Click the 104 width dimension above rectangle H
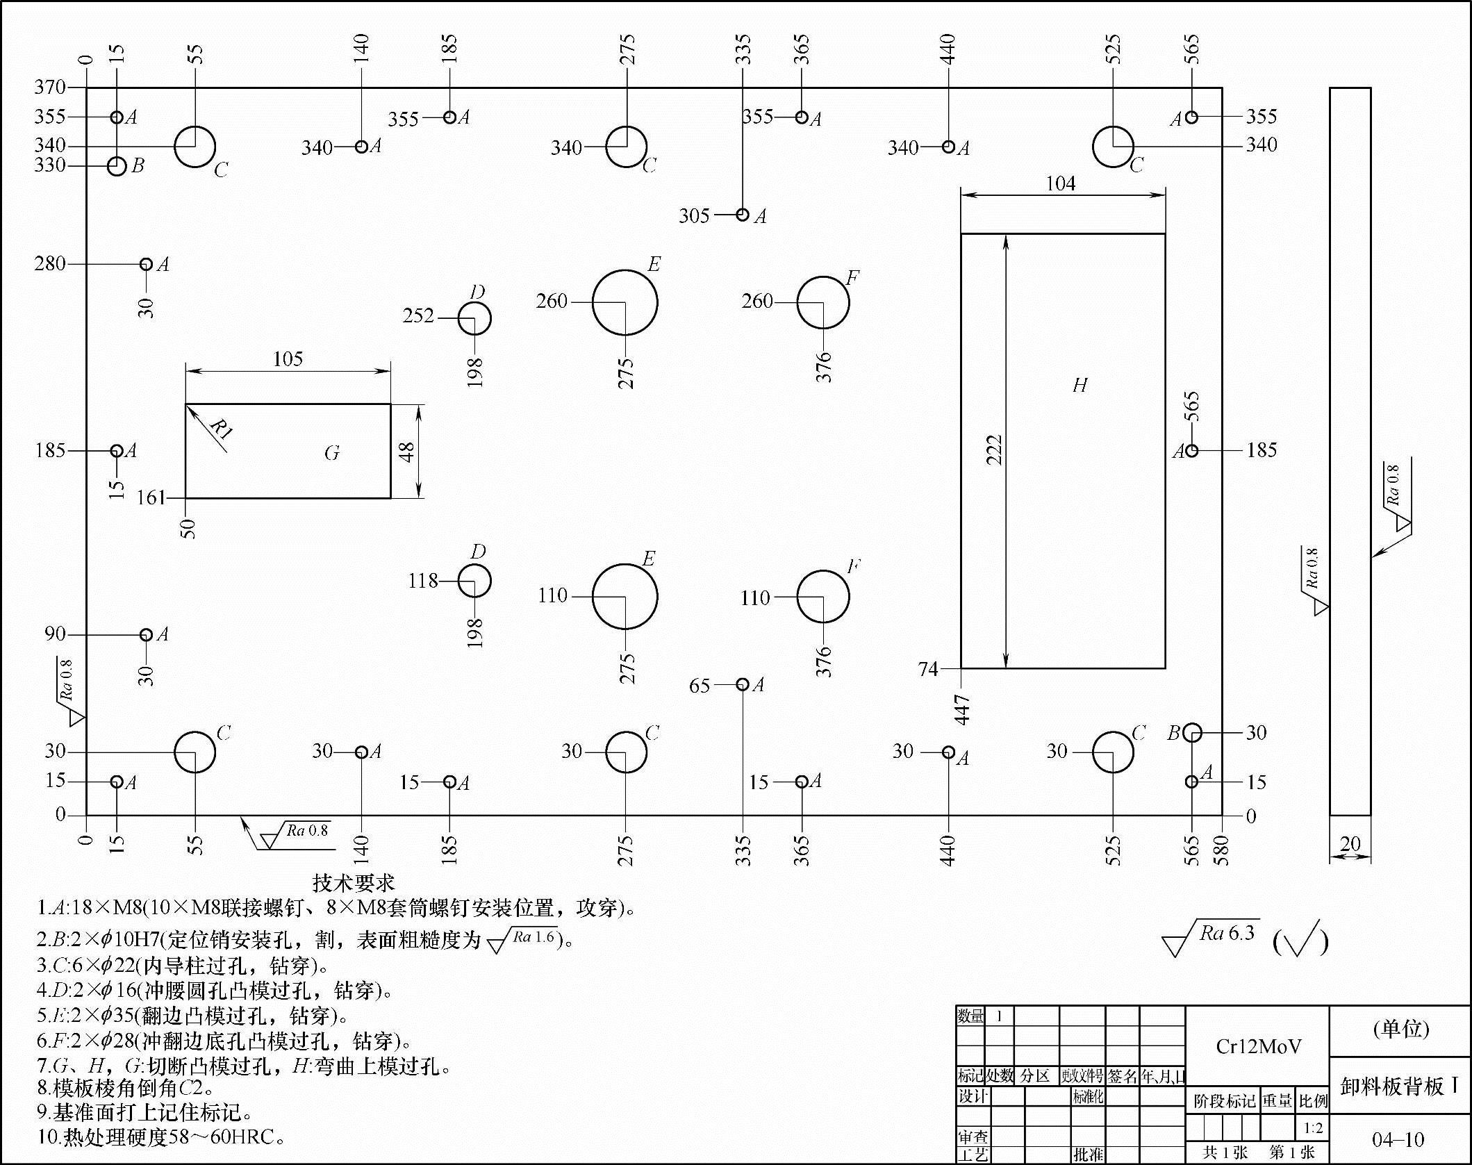(x=1061, y=183)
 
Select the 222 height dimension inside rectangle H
(x=995, y=449)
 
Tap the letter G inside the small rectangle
(x=332, y=453)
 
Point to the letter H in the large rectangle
(x=1080, y=385)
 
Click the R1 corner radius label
(x=220, y=429)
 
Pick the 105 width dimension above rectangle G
(x=288, y=359)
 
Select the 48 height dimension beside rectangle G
(x=408, y=452)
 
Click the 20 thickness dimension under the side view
(x=1350, y=843)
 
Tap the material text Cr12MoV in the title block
(x=1258, y=1046)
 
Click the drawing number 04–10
(x=1398, y=1139)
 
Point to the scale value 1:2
(x=1313, y=1127)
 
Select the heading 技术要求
(x=354, y=883)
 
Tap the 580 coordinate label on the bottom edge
(x=1221, y=850)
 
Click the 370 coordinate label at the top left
(x=50, y=88)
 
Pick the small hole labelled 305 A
(x=743, y=215)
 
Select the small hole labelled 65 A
(x=743, y=685)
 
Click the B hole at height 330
(x=117, y=166)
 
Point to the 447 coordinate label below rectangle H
(x=962, y=709)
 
